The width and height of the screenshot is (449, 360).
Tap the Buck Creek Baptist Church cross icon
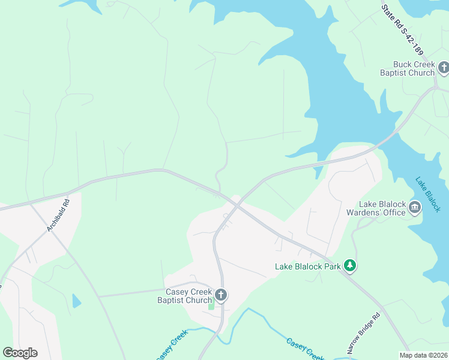pos(444,68)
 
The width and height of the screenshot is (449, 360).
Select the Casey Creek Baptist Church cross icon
pos(221,295)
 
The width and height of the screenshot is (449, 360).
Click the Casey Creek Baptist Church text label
pos(185,296)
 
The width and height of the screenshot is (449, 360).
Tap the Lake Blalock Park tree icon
pos(350,266)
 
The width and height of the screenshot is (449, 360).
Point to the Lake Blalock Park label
pos(308,266)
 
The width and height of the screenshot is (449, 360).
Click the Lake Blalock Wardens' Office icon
pos(415,208)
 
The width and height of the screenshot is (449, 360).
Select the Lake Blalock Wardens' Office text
pos(376,208)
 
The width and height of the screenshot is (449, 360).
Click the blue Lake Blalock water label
pos(428,194)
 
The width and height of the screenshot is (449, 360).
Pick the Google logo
pos(20,353)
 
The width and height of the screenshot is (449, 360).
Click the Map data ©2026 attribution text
pos(423,355)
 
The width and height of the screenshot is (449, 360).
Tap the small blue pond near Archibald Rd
pos(76,301)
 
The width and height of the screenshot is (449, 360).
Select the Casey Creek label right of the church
pos(306,348)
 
